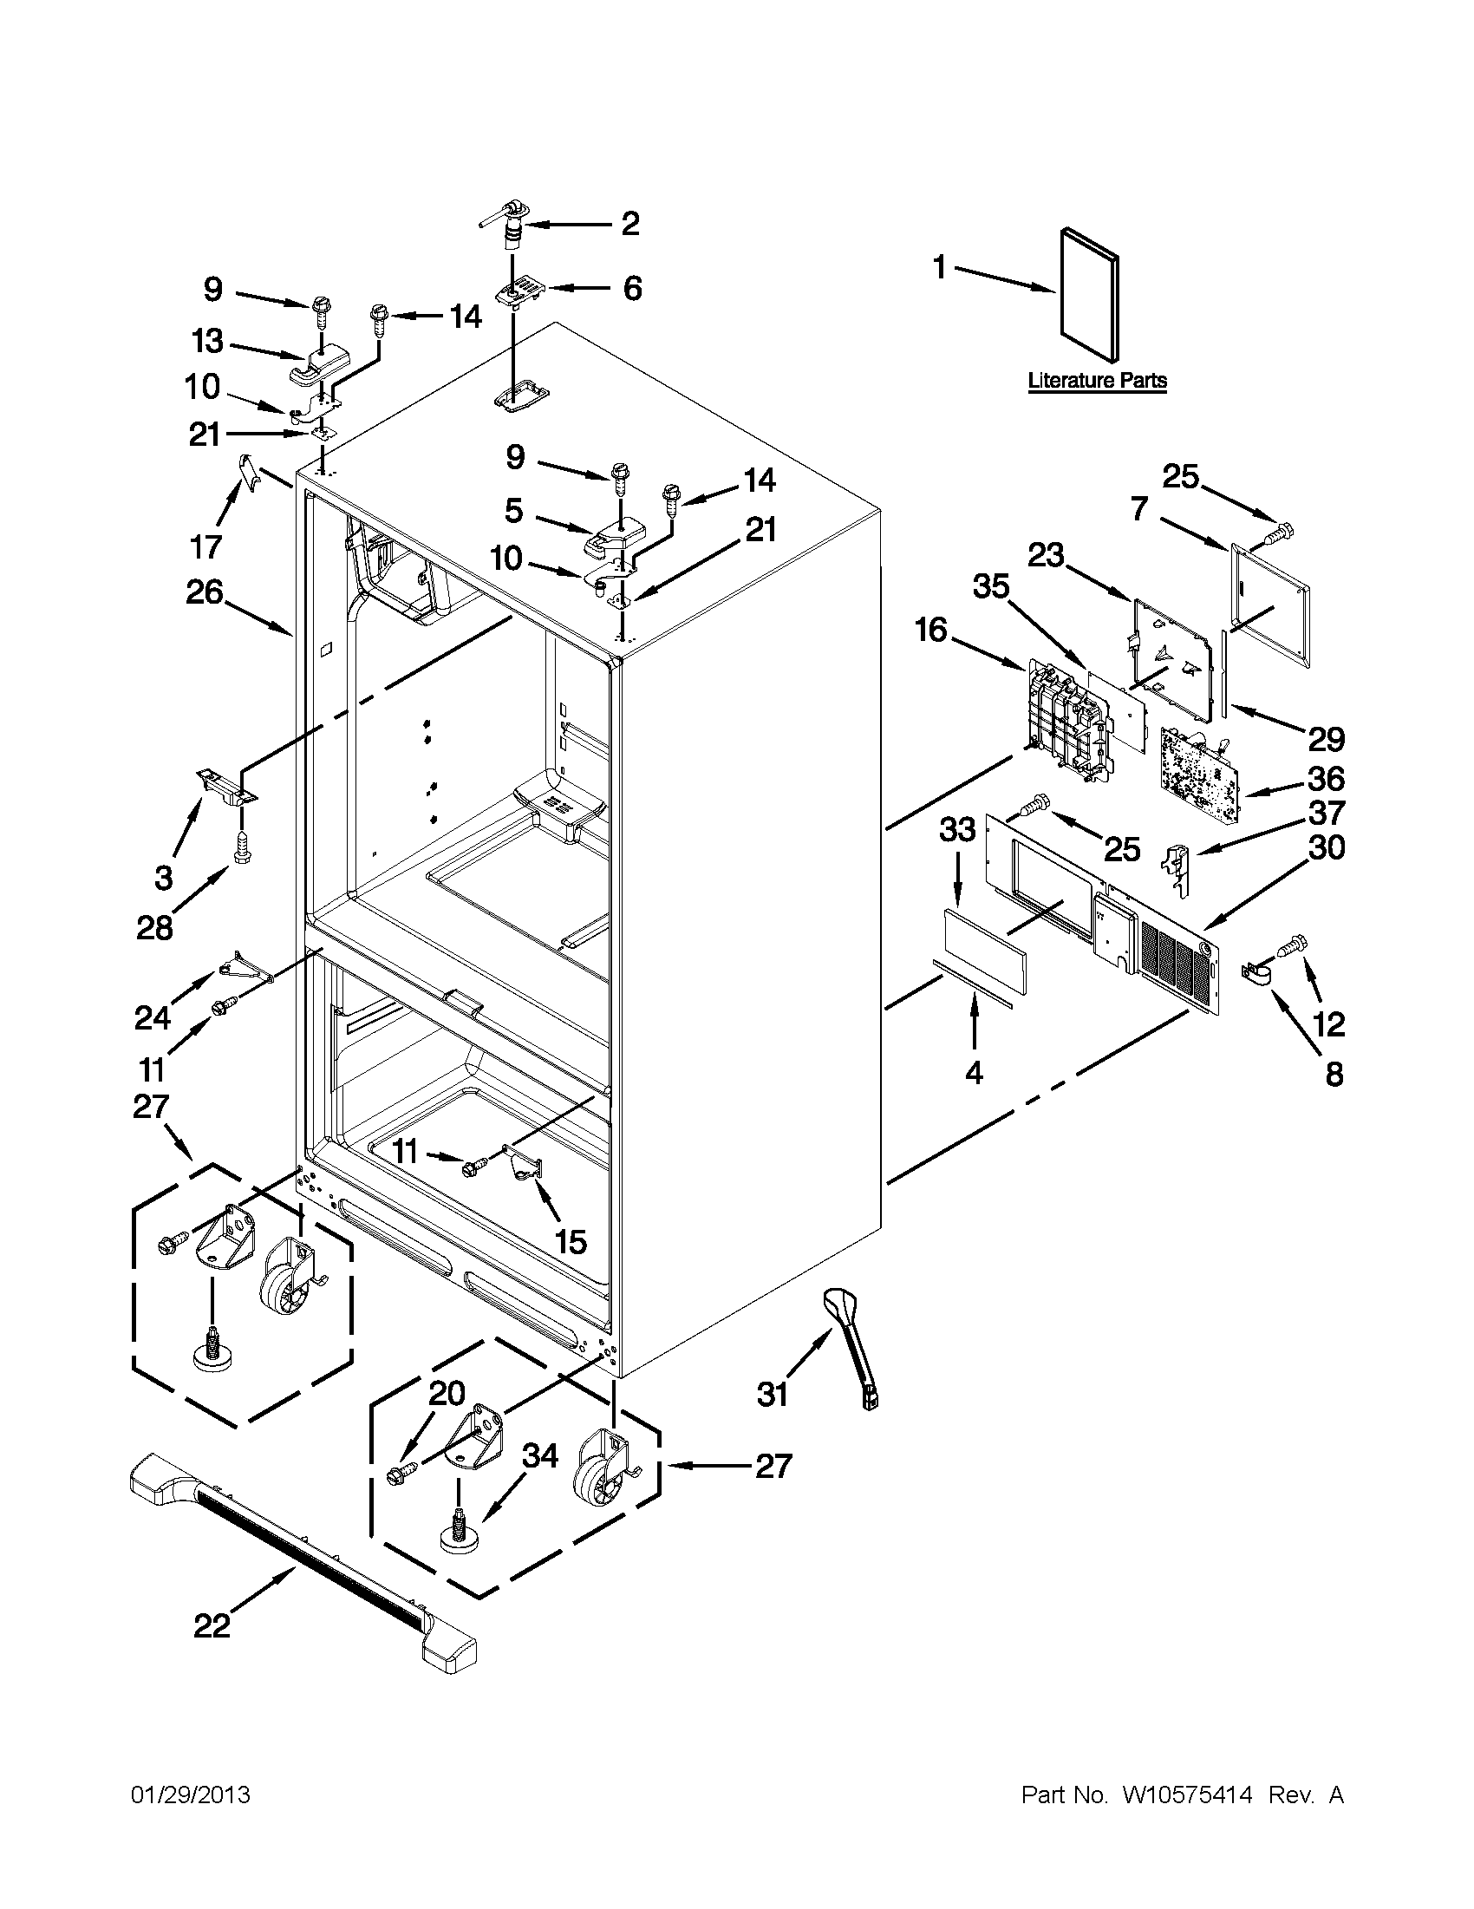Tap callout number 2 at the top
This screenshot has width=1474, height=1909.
click(630, 224)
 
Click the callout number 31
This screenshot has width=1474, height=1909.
click(773, 1394)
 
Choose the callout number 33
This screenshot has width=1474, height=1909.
click(956, 828)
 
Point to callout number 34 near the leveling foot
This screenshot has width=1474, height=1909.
click(540, 1456)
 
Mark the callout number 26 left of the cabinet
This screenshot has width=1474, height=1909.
click(205, 593)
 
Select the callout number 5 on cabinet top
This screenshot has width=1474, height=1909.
click(514, 511)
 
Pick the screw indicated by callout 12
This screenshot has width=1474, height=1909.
click(1295, 944)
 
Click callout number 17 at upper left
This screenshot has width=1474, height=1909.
click(206, 547)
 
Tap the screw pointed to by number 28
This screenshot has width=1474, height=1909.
click(242, 849)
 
